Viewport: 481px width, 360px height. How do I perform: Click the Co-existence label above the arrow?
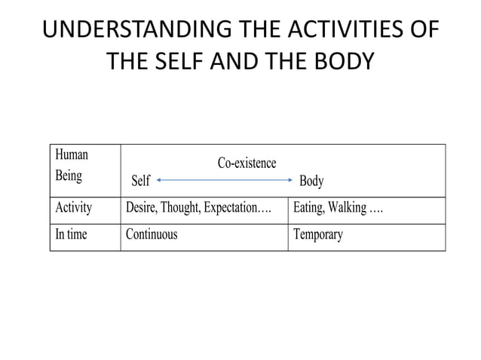pyautogui.click(x=247, y=163)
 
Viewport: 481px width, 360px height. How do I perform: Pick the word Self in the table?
pyautogui.click(x=141, y=181)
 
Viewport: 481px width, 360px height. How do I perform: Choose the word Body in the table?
pyautogui.click(x=311, y=181)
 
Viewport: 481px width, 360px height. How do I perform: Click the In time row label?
pyautogui.click(x=71, y=234)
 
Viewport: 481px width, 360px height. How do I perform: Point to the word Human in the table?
pyautogui.click(x=72, y=154)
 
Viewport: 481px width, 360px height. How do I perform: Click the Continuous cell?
pyautogui.click(x=152, y=234)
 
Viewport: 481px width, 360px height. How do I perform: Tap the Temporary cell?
pyautogui.click(x=317, y=235)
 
